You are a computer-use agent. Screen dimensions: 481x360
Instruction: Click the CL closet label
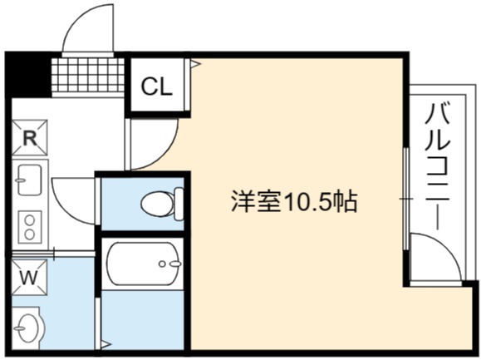pyautogui.click(x=156, y=86)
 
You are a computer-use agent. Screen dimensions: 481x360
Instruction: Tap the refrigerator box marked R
pyautogui.click(x=30, y=138)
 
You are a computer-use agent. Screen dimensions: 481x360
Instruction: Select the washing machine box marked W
pyautogui.click(x=29, y=278)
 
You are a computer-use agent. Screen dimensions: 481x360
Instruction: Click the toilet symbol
pyautogui.click(x=162, y=203)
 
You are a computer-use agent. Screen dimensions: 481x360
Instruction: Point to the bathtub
pyautogui.click(x=143, y=264)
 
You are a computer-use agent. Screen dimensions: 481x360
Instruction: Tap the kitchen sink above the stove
pyautogui.click(x=29, y=180)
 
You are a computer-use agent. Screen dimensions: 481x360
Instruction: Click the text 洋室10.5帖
pyautogui.click(x=294, y=202)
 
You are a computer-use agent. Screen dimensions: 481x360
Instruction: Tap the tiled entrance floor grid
pyautogui.click(x=88, y=75)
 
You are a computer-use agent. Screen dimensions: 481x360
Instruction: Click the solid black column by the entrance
pyautogui.click(x=28, y=75)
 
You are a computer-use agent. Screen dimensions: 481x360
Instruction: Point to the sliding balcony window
pyautogui.click(x=406, y=199)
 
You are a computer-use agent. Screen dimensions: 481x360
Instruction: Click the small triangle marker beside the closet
pyautogui.click(x=195, y=64)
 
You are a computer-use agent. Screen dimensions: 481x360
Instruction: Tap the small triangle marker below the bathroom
pyautogui.click(x=106, y=344)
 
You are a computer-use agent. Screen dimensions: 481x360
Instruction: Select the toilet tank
pyautogui.click(x=179, y=204)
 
